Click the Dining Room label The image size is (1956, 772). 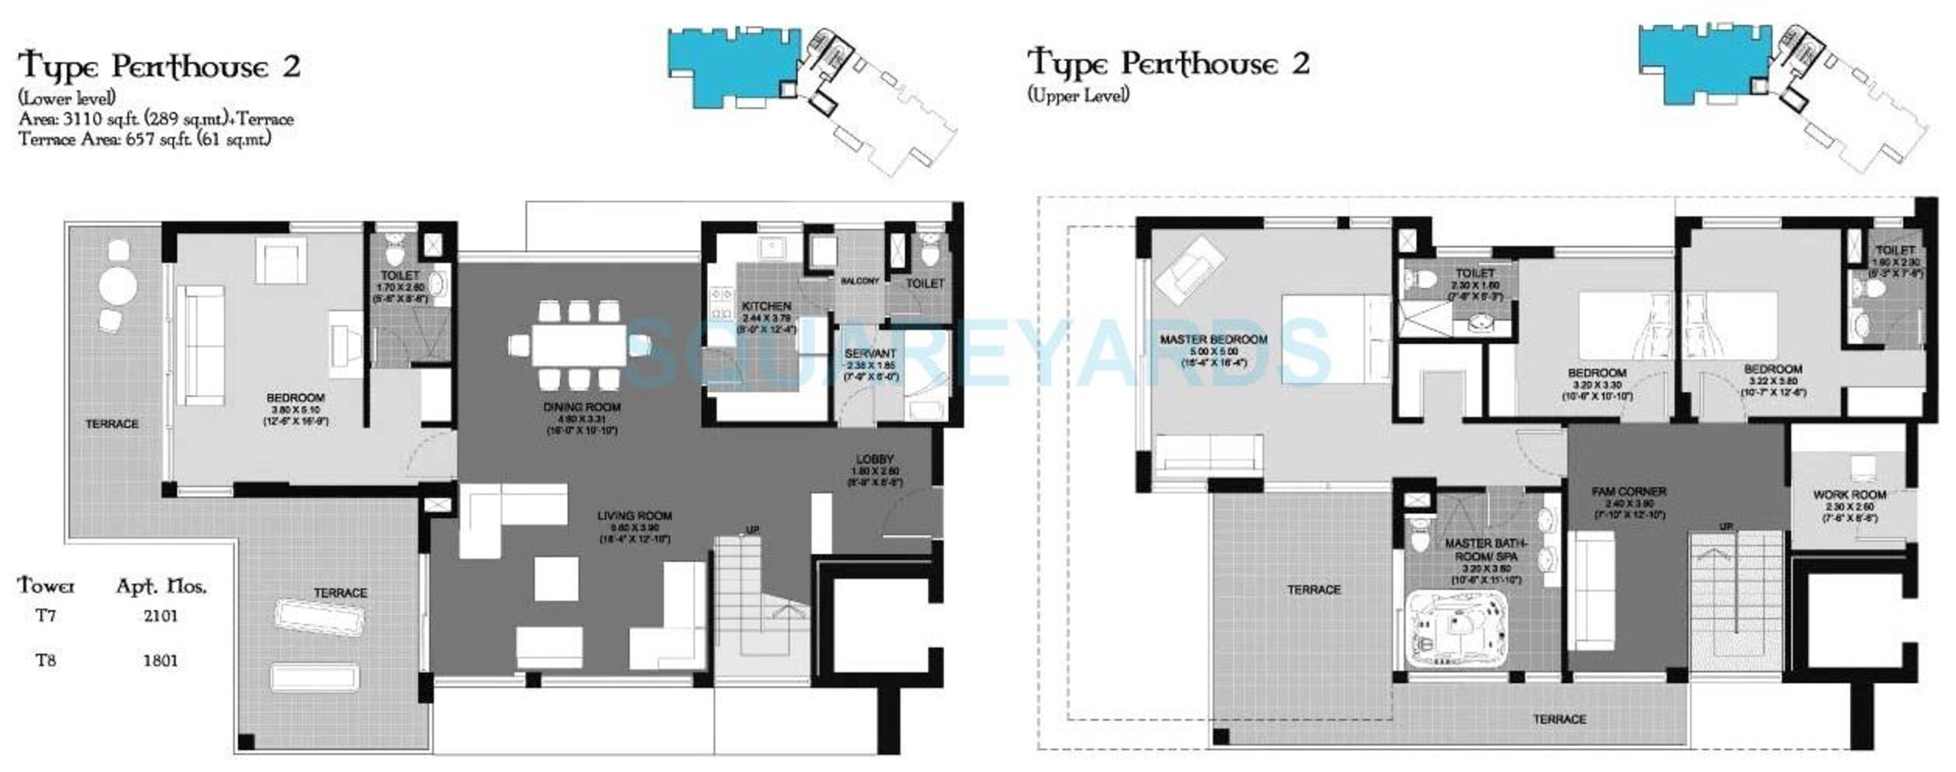click(582, 407)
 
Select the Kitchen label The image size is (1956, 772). click(766, 305)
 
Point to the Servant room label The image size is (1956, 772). click(870, 353)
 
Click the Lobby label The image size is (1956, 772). click(875, 459)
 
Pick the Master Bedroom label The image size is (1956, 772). click(1213, 339)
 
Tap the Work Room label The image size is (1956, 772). click(1849, 495)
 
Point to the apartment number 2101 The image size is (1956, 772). click(160, 616)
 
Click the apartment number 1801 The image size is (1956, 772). click(160, 660)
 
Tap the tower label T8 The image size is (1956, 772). click(46, 660)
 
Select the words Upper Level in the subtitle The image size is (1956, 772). click(1078, 96)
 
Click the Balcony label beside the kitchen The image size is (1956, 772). click(860, 281)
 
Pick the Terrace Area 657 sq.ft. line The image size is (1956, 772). click(144, 140)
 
